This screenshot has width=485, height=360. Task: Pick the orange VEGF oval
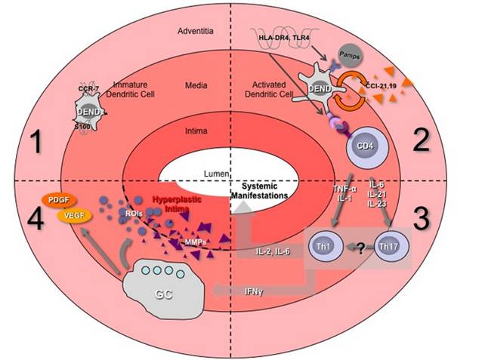point(71,217)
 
